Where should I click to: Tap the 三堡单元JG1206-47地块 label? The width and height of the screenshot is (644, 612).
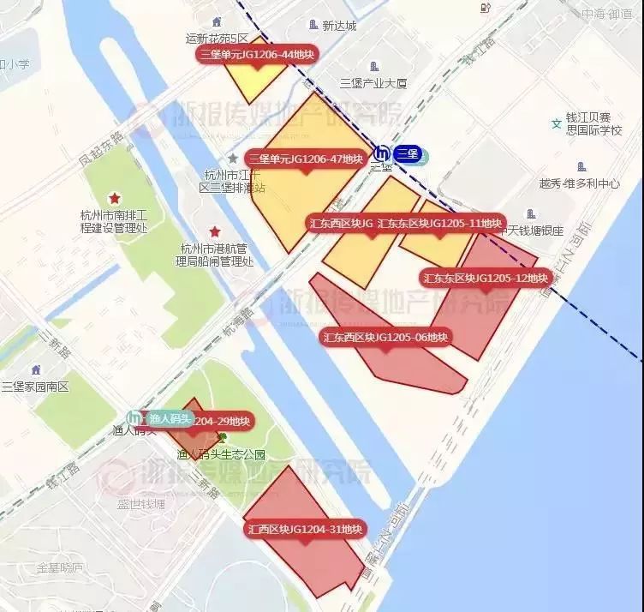click(x=305, y=159)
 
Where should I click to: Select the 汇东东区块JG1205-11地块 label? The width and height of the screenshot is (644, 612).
click(x=440, y=223)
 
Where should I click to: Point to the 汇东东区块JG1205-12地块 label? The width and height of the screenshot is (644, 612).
click(x=486, y=278)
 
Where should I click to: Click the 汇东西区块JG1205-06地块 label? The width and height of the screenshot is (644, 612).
click(x=386, y=337)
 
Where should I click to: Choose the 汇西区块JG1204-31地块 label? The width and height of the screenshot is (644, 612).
click(x=306, y=529)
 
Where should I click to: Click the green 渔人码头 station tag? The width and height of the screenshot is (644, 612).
click(x=168, y=418)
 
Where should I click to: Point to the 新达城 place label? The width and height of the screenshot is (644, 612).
click(x=338, y=26)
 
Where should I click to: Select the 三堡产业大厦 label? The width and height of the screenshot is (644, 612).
click(x=373, y=83)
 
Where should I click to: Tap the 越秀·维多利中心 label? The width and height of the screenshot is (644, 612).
click(x=579, y=183)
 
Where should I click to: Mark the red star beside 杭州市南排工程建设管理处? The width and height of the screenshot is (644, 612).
click(x=114, y=198)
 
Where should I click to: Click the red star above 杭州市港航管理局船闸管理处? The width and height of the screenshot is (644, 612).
click(x=215, y=231)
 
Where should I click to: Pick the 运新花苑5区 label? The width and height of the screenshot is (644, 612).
click(x=217, y=39)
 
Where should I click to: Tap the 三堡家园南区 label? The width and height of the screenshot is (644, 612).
click(x=35, y=387)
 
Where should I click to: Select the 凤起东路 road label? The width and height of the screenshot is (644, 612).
click(x=101, y=147)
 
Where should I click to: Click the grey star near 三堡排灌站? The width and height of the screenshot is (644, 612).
click(x=232, y=159)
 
